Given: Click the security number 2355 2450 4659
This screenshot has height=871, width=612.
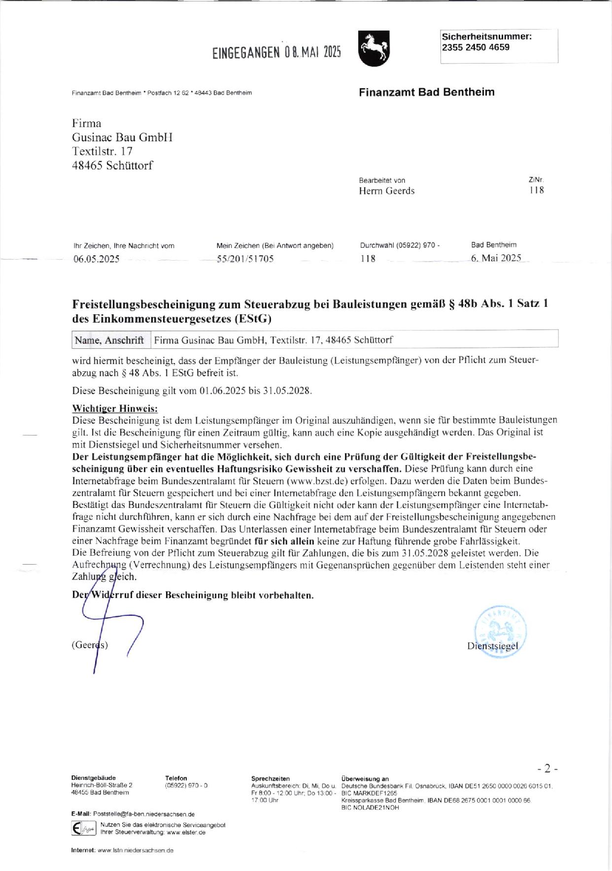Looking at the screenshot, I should click(476, 47).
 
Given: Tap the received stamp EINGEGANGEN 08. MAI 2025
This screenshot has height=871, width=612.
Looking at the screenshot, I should click(276, 52).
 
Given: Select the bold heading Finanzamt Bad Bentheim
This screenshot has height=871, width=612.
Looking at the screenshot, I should click(426, 92).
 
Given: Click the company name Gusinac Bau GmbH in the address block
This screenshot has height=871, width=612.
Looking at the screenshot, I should click(122, 137).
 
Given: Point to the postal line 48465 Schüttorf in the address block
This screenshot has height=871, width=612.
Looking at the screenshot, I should click(112, 166).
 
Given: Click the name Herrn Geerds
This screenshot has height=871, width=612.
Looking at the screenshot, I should click(386, 191).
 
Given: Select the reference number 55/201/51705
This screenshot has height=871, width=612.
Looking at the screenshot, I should click(245, 259).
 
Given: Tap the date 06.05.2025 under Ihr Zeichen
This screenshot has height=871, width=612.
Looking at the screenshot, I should click(96, 259).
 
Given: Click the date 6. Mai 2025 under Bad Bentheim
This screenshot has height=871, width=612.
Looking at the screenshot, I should click(496, 258).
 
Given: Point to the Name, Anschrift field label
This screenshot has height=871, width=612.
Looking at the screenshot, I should click(108, 340).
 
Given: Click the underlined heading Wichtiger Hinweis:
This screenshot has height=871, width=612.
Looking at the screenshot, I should click(115, 408).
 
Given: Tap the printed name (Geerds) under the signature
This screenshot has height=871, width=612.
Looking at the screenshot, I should click(90, 645).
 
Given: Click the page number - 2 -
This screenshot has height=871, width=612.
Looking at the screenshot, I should click(547, 768).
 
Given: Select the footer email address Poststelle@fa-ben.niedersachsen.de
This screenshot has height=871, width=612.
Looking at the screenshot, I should click(143, 814).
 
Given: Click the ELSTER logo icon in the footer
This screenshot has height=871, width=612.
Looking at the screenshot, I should click(83, 829).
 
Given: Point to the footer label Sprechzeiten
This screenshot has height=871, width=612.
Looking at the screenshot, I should click(271, 778).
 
